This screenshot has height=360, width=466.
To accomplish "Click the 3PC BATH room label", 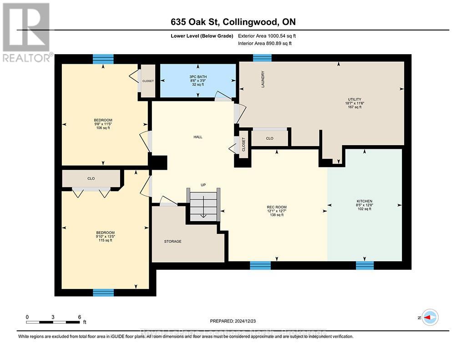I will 198,76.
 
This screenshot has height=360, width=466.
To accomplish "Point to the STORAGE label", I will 172,241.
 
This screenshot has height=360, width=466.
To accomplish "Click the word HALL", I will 198,137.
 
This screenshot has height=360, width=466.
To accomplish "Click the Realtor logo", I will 26,32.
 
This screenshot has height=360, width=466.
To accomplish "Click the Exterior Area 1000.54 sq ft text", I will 267,35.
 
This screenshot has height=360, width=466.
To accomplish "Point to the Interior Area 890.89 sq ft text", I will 265,43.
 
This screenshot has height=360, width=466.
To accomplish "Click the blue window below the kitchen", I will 365,265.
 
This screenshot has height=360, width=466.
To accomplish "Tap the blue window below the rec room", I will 260,265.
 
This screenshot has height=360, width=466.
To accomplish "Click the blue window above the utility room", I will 262,57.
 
